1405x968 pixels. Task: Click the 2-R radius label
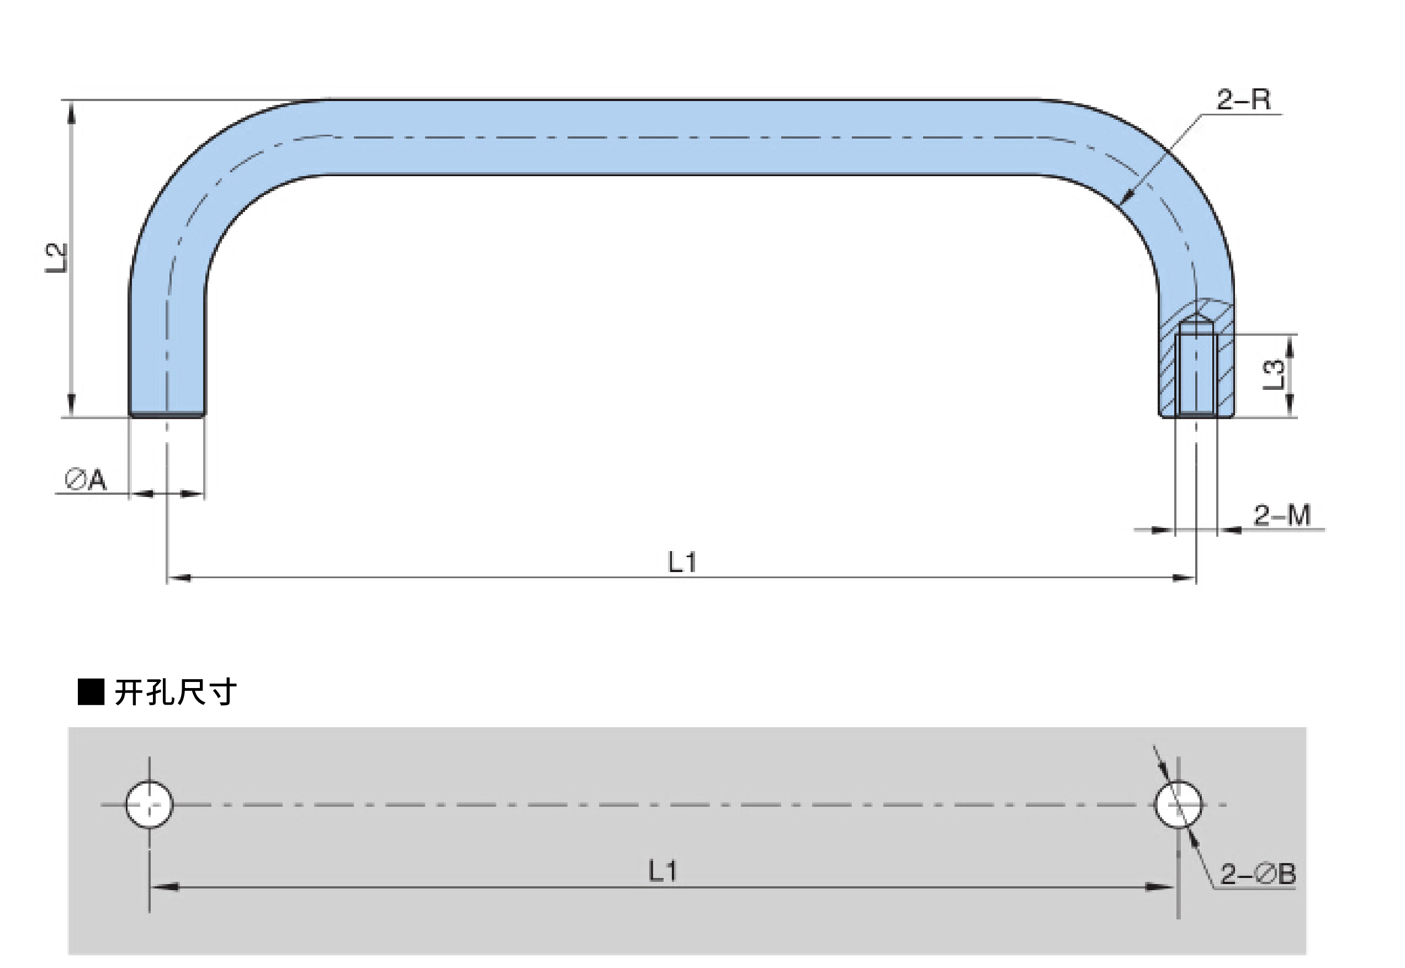(1243, 99)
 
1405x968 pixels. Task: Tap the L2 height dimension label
(56, 258)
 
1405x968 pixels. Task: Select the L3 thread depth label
(1274, 375)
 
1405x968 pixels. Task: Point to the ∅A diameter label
(86, 480)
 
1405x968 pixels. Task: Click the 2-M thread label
(1282, 516)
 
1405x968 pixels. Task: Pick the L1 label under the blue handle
(682, 562)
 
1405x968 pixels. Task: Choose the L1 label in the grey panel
(663, 871)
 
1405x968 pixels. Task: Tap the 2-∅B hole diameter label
(1258, 874)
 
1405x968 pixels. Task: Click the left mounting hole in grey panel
(149, 805)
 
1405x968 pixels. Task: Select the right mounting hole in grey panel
(1178, 805)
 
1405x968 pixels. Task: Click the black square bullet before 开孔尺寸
(91, 692)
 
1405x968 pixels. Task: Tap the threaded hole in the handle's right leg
(1196, 376)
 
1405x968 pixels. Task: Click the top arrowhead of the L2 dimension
(72, 109)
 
